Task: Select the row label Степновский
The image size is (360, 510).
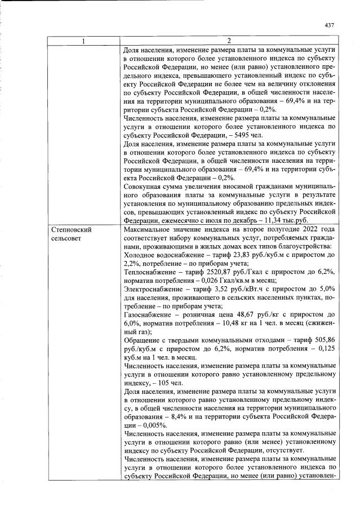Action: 72,230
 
